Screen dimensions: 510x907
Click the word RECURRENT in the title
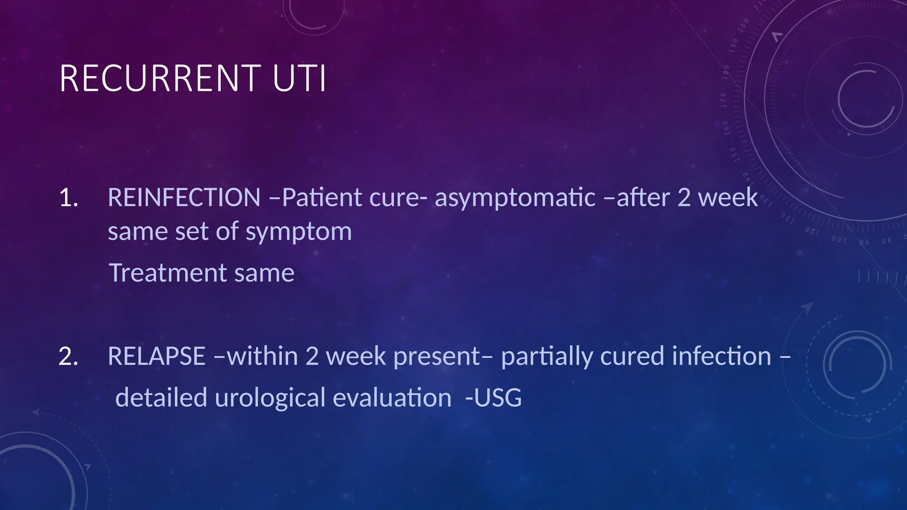[x=160, y=79]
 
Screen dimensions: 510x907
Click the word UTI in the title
[x=299, y=79]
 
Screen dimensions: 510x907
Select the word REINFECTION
[x=184, y=197]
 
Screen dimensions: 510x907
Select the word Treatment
[x=167, y=273]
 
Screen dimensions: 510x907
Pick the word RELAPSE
[x=156, y=356]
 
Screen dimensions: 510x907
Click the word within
[x=262, y=356]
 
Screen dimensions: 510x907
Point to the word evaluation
[x=392, y=398]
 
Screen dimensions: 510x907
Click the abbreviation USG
[x=497, y=398]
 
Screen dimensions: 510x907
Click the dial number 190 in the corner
[x=734, y=45]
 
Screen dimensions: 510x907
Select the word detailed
[x=161, y=398]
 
